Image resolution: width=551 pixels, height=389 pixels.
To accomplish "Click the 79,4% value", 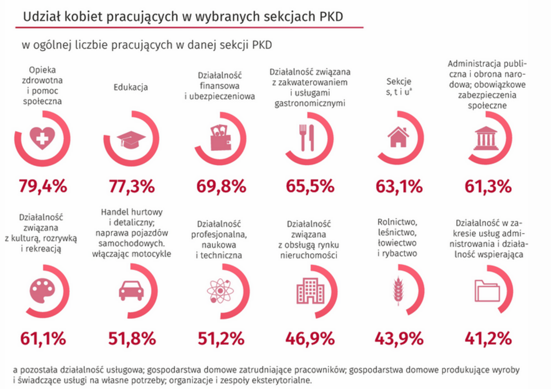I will click(x=42, y=186).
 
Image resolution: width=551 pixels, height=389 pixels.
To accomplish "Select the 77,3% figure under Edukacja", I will click(x=131, y=186).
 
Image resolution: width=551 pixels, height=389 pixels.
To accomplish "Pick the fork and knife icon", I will click(x=306, y=138).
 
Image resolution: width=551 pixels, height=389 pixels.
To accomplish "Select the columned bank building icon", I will click(x=487, y=138).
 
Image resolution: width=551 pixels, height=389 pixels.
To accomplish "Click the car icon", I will click(x=131, y=291).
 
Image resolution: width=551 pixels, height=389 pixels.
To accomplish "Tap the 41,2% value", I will click(x=488, y=338).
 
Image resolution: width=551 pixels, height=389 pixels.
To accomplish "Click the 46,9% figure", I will click(x=310, y=338).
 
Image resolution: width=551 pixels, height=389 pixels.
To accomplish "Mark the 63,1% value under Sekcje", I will click(x=399, y=186).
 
